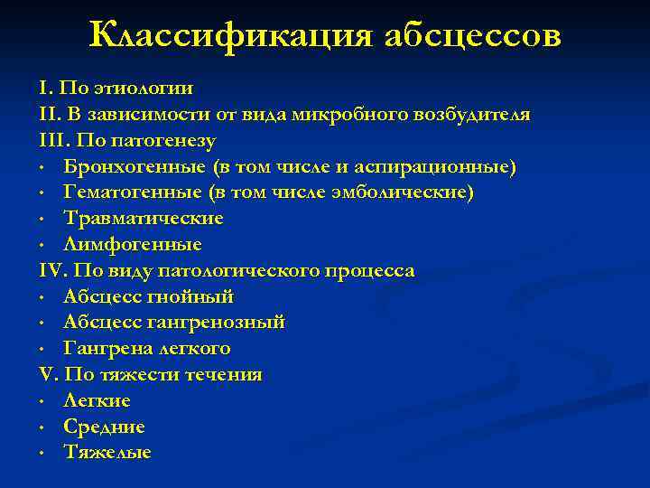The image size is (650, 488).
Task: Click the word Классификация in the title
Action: tap(230, 35)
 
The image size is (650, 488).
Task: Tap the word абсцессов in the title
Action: tap(472, 35)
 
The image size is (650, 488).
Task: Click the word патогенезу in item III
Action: tap(172, 142)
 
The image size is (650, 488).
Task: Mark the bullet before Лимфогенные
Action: tap(43, 245)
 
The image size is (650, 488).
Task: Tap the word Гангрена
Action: tap(103, 348)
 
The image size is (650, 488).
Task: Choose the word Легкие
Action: tap(97, 399)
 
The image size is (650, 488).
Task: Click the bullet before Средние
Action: tap(43, 426)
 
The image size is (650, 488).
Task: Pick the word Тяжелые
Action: tap(107, 452)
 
